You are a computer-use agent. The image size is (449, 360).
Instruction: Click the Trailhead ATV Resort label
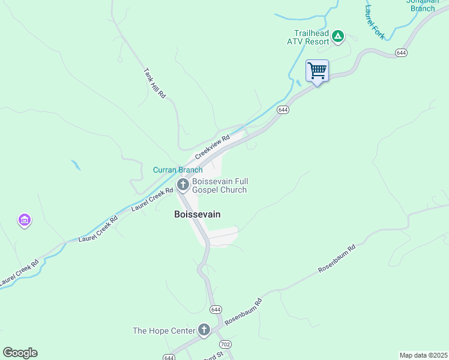pyautogui.click(x=311, y=37)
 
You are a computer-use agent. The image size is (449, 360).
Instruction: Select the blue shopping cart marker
pyautogui.click(x=317, y=71)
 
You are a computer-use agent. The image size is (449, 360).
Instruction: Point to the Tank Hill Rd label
pyautogui.click(x=154, y=83)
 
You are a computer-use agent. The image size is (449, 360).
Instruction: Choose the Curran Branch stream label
pyautogui.click(x=178, y=170)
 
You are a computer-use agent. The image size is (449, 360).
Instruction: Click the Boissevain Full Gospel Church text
pyautogui.click(x=220, y=185)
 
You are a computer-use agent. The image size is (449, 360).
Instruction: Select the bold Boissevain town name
pyautogui.click(x=197, y=214)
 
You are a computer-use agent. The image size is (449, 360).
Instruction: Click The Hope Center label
pyautogui.click(x=164, y=331)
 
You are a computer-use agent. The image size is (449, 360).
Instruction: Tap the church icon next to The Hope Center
pyautogui.click(x=204, y=329)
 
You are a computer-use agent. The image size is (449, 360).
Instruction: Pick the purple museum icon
pyautogui.click(x=25, y=221)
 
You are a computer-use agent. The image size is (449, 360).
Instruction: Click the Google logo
pyautogui.click(x=20, y=353)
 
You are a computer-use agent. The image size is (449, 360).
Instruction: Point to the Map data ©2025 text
pyautogui.click(x=423, y=355)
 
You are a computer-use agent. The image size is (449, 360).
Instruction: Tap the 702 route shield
pyautogui.click(x=225, y=344)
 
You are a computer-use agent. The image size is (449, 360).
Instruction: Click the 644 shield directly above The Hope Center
pyautogui.click(x=216, y=309)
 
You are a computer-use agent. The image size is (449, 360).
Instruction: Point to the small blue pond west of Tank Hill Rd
pyautogui.click(x=75, y=164)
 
